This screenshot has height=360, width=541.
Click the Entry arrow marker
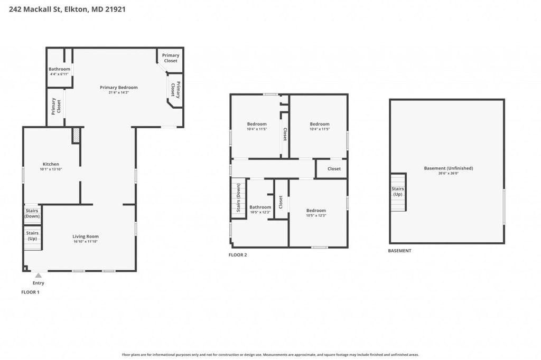coord(38,275)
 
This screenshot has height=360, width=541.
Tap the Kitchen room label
coord(51,164)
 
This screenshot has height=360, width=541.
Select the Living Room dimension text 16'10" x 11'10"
coord(86,242)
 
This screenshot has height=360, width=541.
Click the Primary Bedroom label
coord(119,87)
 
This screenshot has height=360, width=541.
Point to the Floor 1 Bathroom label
coord(59,69)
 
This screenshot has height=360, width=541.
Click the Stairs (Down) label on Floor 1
coord(32,213)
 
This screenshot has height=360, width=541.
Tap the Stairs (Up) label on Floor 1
coord(32,236)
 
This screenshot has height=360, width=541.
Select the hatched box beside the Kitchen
coord(76,136)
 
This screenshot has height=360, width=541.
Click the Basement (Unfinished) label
coord(449,168)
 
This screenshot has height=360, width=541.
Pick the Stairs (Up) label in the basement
coord(397,192)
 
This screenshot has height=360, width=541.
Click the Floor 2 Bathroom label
coord(260,207)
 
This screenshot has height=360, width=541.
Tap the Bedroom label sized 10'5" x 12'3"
coord(316,210)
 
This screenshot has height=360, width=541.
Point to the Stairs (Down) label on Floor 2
coord(238,198)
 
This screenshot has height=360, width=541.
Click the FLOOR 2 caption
coord(238,255)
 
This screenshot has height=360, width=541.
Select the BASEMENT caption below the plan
coord(399,251)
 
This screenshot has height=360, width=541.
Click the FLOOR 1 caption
coord(30,292)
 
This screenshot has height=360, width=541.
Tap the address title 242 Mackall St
coord(35,10)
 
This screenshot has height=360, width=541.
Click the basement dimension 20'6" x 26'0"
coord(449,174)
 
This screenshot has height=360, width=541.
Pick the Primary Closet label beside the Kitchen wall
coord(56,106)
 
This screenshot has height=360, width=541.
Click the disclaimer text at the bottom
coord(270,355)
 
